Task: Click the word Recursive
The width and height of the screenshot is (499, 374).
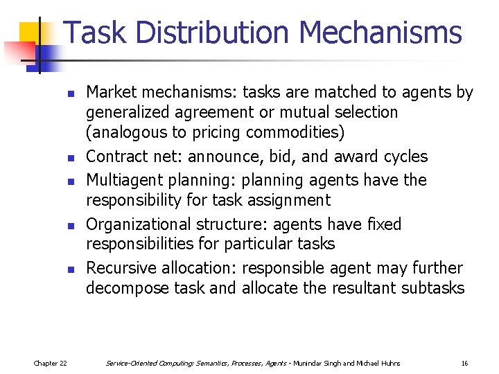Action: click(x=121, y=268)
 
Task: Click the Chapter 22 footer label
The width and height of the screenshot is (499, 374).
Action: click(x=51, y=363)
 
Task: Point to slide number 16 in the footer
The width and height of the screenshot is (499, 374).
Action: click(x=465, y=363)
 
